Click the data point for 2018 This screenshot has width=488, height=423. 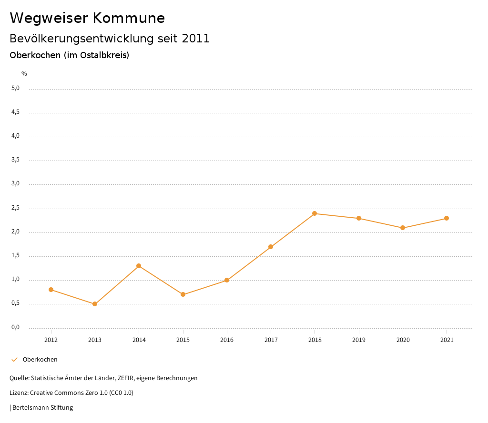[x=315, y=213]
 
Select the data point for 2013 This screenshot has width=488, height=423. [x=95, y=304]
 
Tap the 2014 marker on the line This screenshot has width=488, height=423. [x=139, y=266]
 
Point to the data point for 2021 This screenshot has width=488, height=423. [x=447, y=218]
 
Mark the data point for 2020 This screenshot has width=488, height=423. [x=403, y=228]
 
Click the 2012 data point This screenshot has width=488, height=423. [x=51, y=290]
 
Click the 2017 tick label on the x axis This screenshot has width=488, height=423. [x=271, y=340]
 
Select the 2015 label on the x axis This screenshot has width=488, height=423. [x=183, y=340]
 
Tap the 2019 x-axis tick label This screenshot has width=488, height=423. [x=359, y=340]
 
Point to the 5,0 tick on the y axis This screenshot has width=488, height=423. [x=15, y=88]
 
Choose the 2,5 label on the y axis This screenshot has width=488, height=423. [x=15, y=208]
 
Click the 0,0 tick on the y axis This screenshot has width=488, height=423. [x=15, y=327]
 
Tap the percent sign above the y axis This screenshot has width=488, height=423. [x=24, y=74]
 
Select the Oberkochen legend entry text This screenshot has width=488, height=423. [x=40, y=360]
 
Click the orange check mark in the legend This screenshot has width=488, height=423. [x=14, y=360]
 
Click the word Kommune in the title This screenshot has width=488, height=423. [x=129, y=18]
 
